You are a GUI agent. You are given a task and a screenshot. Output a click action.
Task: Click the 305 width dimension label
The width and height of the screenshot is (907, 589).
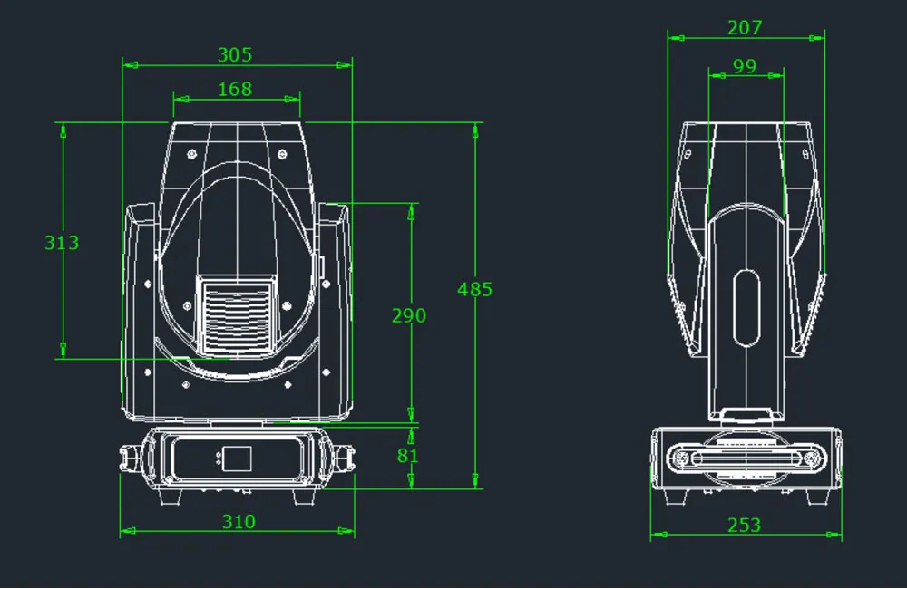pyautogui.click(x=235, y=55)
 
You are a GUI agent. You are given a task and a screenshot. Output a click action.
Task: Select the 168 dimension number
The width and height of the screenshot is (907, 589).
pyautogui.click(x=235, y=89)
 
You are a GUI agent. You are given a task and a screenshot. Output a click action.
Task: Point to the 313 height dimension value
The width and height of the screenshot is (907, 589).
pyautogui.click(x=62, y=243)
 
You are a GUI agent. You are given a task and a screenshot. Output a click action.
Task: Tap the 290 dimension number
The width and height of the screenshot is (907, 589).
pyautogui.click(x=408, y=315)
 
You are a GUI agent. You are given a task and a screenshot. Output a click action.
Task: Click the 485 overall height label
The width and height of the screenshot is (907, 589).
pyautogui.click(x=474, y=290)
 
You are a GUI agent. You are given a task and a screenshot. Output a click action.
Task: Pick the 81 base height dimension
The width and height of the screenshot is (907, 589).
pyautogui.click(x=408, y=456)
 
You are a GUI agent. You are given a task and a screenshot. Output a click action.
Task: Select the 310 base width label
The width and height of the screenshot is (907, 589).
pyautogui.click(x=238, y=522)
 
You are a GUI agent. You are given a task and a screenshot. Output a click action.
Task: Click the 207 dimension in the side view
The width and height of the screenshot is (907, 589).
pyautogui.click(x=745, y=28)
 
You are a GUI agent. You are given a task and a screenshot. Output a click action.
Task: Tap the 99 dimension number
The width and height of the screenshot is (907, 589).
pyautogui.click(x=744, y=66)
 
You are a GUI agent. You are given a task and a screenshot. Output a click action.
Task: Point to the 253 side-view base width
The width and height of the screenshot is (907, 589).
pyautogui.click(x=744, y=526)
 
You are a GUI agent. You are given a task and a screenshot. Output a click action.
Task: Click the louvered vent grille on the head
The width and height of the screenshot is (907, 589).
pyautogui.click(x=236, y=314)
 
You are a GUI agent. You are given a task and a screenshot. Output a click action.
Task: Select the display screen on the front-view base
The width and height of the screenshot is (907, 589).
pyautogui.click(x=237, y=459)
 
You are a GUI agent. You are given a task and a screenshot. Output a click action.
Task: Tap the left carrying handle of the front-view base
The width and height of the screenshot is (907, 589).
pyautogui.click(x=130, y=459)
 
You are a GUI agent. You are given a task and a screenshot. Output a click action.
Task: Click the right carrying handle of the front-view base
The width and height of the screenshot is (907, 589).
pyautogui.click(x=345, y=459)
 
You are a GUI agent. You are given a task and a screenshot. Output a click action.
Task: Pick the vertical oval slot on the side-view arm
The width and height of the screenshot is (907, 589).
pyautogui.click(x=746, y=308)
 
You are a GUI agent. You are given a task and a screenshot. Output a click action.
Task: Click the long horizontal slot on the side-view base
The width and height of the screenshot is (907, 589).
pyautogui.click(x=746, y=459)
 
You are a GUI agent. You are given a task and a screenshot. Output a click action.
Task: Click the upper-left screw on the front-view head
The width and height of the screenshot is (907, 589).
pyautogui.click(x=191, y=153)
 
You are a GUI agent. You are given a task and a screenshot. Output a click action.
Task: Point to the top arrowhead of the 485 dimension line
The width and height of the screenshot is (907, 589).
pyautogui.click(x=474, y=130)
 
